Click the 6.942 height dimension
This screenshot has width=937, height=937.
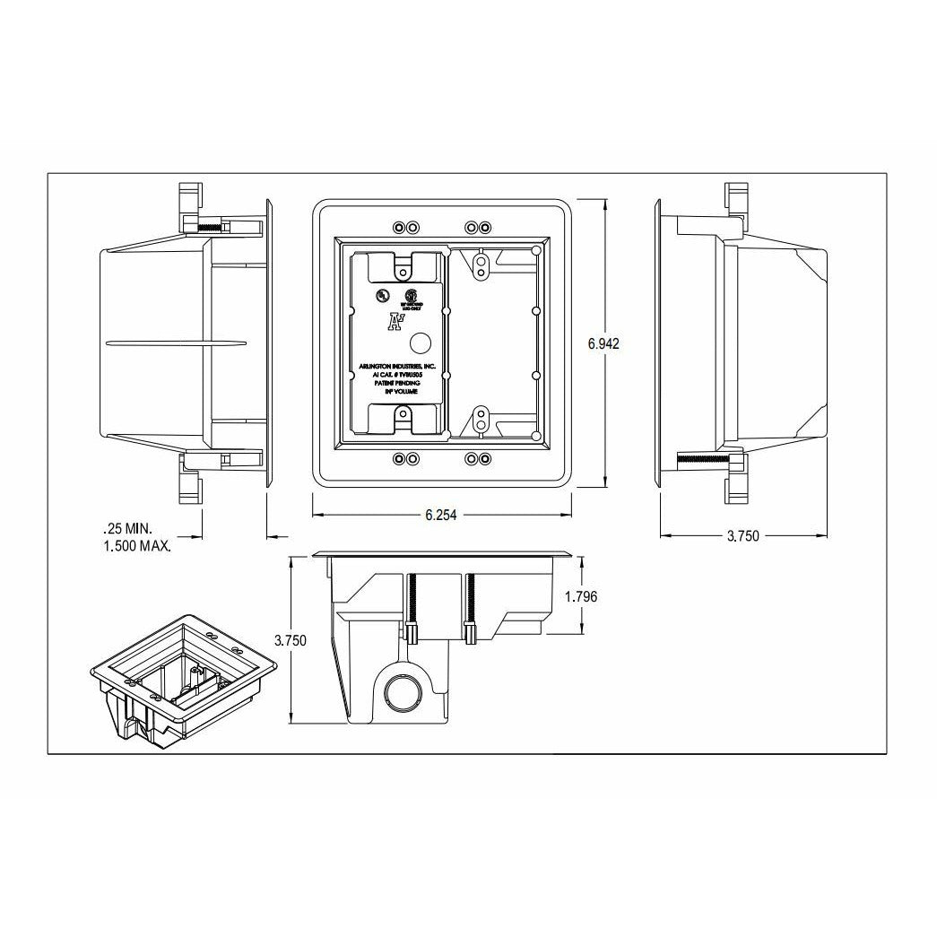(x=603, y=343)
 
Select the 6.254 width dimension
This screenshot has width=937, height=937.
(x=441, y=515)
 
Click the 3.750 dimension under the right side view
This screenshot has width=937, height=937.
(x=742, y=536)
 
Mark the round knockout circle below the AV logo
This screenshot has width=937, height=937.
(x=420, y=343)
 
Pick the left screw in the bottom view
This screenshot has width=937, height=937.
(x=413, y=607)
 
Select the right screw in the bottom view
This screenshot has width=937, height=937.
(x=469, y=607)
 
